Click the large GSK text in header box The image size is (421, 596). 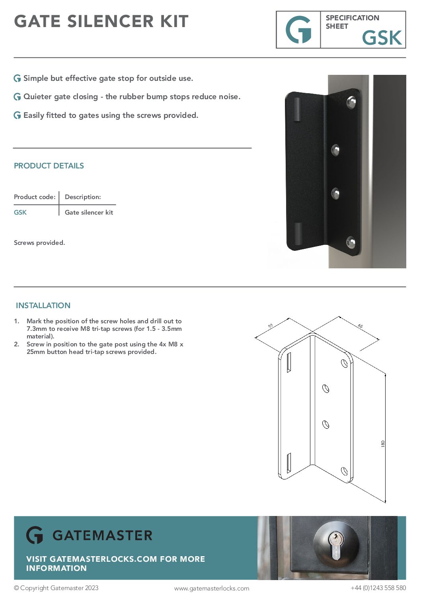tap(382, 38)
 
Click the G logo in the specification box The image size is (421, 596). tap(298, 30)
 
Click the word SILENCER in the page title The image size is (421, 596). tap(110, 21)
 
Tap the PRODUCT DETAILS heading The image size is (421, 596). tap(49, 166)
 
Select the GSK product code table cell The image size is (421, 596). tap(20, 212)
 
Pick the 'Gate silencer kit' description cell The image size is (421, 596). tap(89, 212)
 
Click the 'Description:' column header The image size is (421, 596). tap(83, 197)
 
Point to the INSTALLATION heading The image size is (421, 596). tap(43, 305)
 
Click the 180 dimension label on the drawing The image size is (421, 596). tap(383, 444)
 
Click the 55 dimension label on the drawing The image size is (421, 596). tap(271, 326)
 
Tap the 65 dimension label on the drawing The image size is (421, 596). tap(360, 326)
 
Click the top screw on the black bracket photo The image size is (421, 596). tap(351, 102)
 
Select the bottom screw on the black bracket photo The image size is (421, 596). tap(351, 242)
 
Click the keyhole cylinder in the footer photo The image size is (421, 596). tap(336, 545)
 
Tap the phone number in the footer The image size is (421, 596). tap(378, 588)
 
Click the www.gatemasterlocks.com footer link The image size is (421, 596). tap(212, 588)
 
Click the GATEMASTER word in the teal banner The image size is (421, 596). tap(102, 535)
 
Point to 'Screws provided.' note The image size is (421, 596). tap(39, 242)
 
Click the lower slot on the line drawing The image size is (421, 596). tap(289, 463)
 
